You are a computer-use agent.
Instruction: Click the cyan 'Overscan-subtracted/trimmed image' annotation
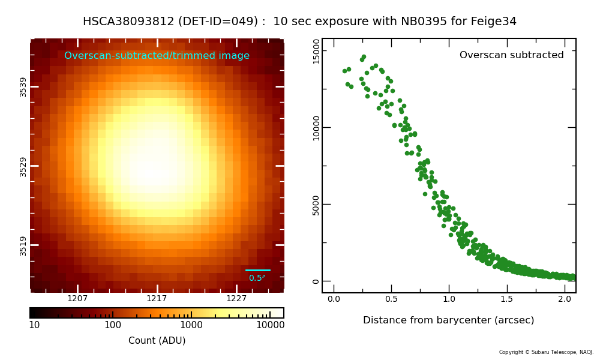[x=157, y=56]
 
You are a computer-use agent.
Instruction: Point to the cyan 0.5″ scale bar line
[x=258, y=270]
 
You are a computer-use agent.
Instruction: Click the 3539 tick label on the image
[x=23, y=86]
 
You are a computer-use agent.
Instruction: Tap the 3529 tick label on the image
[x=23, y=166]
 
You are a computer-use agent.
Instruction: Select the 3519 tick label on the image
[x=23, y=245]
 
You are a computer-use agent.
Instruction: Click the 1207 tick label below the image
[x=77, y=298]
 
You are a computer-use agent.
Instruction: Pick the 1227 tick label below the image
[x=236, y=298]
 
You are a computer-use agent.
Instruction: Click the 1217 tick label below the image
[x=157, y=298]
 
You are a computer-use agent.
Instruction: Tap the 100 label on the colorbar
[x=113, y=325]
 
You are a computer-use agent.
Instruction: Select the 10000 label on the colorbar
[x=270, y=325]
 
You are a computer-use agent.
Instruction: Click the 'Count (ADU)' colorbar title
[x=157, y=341]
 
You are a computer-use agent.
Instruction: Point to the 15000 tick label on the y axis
[x=316, y=51]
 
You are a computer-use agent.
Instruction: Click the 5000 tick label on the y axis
[x=316, y=205]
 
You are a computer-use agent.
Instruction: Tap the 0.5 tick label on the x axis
[x=391, y=299]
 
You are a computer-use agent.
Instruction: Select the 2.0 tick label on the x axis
[x=565, y=299]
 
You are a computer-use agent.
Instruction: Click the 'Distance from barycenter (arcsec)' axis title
[x=448, y=320]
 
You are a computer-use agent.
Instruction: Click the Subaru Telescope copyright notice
[x=546, y=352]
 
